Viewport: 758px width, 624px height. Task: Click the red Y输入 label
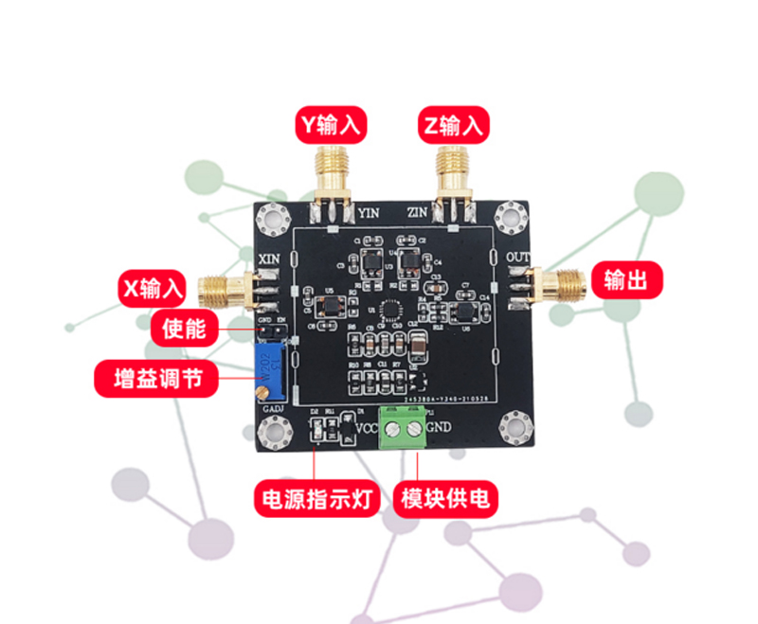(x=332, y=125)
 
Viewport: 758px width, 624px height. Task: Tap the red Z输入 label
(x=453, y=125)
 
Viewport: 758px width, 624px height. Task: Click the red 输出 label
(x=625, y=280)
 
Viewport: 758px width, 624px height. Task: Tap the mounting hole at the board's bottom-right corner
(x=517, y=426)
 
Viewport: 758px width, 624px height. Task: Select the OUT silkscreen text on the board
(x=519, y=258)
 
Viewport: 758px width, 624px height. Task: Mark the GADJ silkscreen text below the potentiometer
(x=273, y=406)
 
